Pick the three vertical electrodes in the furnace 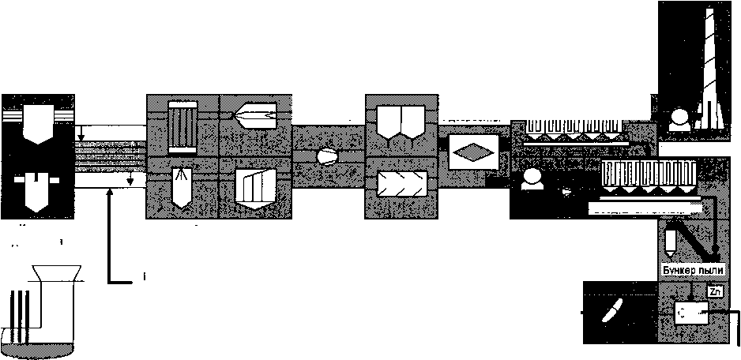[22, 312]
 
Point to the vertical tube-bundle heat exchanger [182, 126]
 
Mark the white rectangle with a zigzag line [401, 186]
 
